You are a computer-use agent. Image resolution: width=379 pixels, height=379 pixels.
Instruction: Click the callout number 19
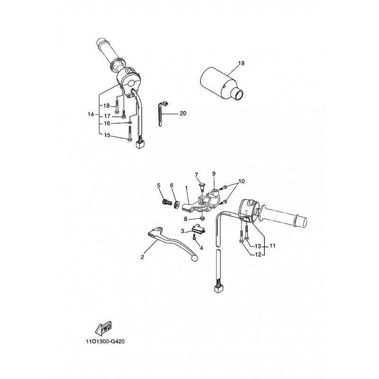click(x=242, y=63)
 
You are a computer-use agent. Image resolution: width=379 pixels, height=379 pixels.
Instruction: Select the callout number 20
click(x=183, y=114)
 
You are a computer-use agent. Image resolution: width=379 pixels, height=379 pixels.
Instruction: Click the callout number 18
click(x=107, y=105)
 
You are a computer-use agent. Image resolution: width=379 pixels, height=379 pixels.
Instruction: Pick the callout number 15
click(x=107, y=135)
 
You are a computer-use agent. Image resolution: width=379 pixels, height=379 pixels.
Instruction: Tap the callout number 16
click(x=107, y=123)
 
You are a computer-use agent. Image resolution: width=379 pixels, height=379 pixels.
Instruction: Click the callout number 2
click(x=142, y=257)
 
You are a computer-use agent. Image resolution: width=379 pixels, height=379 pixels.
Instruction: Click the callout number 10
click(x=242, y=181)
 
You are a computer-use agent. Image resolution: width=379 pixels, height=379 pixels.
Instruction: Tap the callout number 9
click(x=214, y=173)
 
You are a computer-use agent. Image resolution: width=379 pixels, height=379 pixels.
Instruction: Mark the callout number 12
click(x=258, y=255)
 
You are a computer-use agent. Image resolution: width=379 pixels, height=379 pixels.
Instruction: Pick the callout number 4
click(x=201, y=247)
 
